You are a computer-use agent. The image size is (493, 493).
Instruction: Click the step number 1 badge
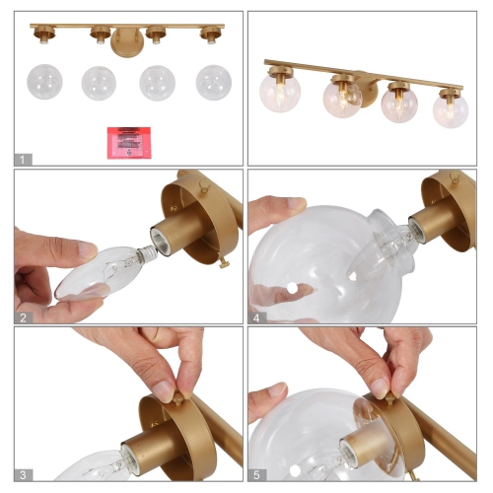pyautogui.click(x=24, y=158)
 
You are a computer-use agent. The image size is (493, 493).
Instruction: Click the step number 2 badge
pyautogui.click(x=24, y=316)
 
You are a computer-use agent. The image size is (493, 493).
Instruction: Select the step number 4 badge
pyautogui.click(x=256, y=316)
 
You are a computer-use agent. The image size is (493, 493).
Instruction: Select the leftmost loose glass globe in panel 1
pyautogui.click(x=45, y=82)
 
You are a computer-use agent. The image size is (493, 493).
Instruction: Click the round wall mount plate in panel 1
pyautogui.click(x=125, y=43)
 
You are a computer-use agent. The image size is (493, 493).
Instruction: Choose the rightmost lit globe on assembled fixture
pyautogui.click(x=450, y=109)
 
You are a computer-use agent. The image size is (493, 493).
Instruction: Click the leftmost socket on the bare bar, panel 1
pyautogui.click(x=44, y=35)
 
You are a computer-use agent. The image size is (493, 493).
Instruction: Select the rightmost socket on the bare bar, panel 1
pyautogui.click(x=209, y=35)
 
